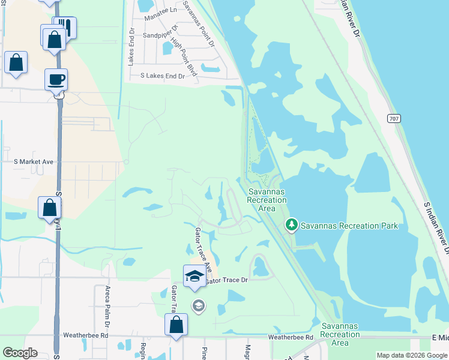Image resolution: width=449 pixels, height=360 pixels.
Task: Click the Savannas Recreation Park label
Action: pos(349,226)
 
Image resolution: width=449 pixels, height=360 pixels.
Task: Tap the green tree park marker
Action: pos(292,224)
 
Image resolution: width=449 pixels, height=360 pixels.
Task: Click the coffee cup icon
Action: pos(56,80)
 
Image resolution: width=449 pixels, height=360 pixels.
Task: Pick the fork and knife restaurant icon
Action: pos(65,28)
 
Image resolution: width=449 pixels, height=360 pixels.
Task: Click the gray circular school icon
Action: pos(198,307)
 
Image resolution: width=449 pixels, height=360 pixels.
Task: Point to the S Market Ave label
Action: pos(34,162)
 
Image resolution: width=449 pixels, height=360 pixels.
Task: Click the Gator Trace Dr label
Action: pos(226,280)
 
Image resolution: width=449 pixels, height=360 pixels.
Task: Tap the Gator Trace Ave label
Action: pos(203,248)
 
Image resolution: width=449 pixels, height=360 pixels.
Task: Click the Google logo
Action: pos(20,353)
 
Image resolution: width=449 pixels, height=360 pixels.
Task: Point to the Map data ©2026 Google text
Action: pos(411,355)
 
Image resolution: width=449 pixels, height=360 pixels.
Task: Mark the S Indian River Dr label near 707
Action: pos(436,228)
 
